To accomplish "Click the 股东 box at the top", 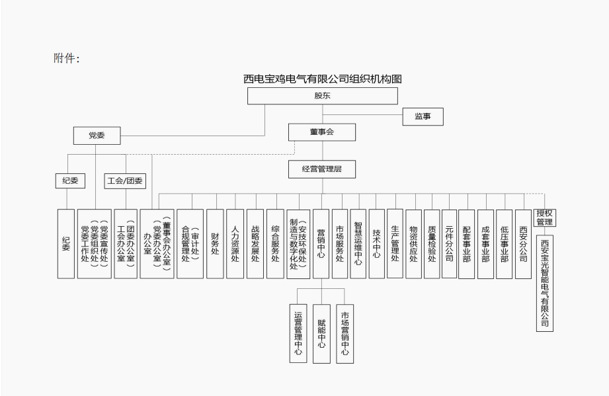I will tap(322, 96).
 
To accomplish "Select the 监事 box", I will tap(423, 117).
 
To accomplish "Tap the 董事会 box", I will tap(322, 132).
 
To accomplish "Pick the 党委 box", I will tap(97, 136).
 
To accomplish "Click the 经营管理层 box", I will tap(322, 169).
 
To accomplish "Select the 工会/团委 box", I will tap(125, 180).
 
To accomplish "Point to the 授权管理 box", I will tap(544, 218).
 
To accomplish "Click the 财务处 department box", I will tap(215, 243).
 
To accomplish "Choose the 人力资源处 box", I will tap(235, 243).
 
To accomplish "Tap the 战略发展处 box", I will tap(255, 243).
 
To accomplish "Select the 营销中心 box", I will tap(321, 243).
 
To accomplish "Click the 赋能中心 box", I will tap(321, 333).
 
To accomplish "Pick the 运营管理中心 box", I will tap(298, 333).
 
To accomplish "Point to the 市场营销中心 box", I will tap(345, 333).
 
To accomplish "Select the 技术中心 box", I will tap(377, 243).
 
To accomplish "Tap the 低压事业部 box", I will tap(504, 243).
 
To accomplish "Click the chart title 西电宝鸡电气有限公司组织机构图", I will tap(322, 79).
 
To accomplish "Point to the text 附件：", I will tap(66, 59).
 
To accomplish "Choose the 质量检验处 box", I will tap(431, 243).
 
